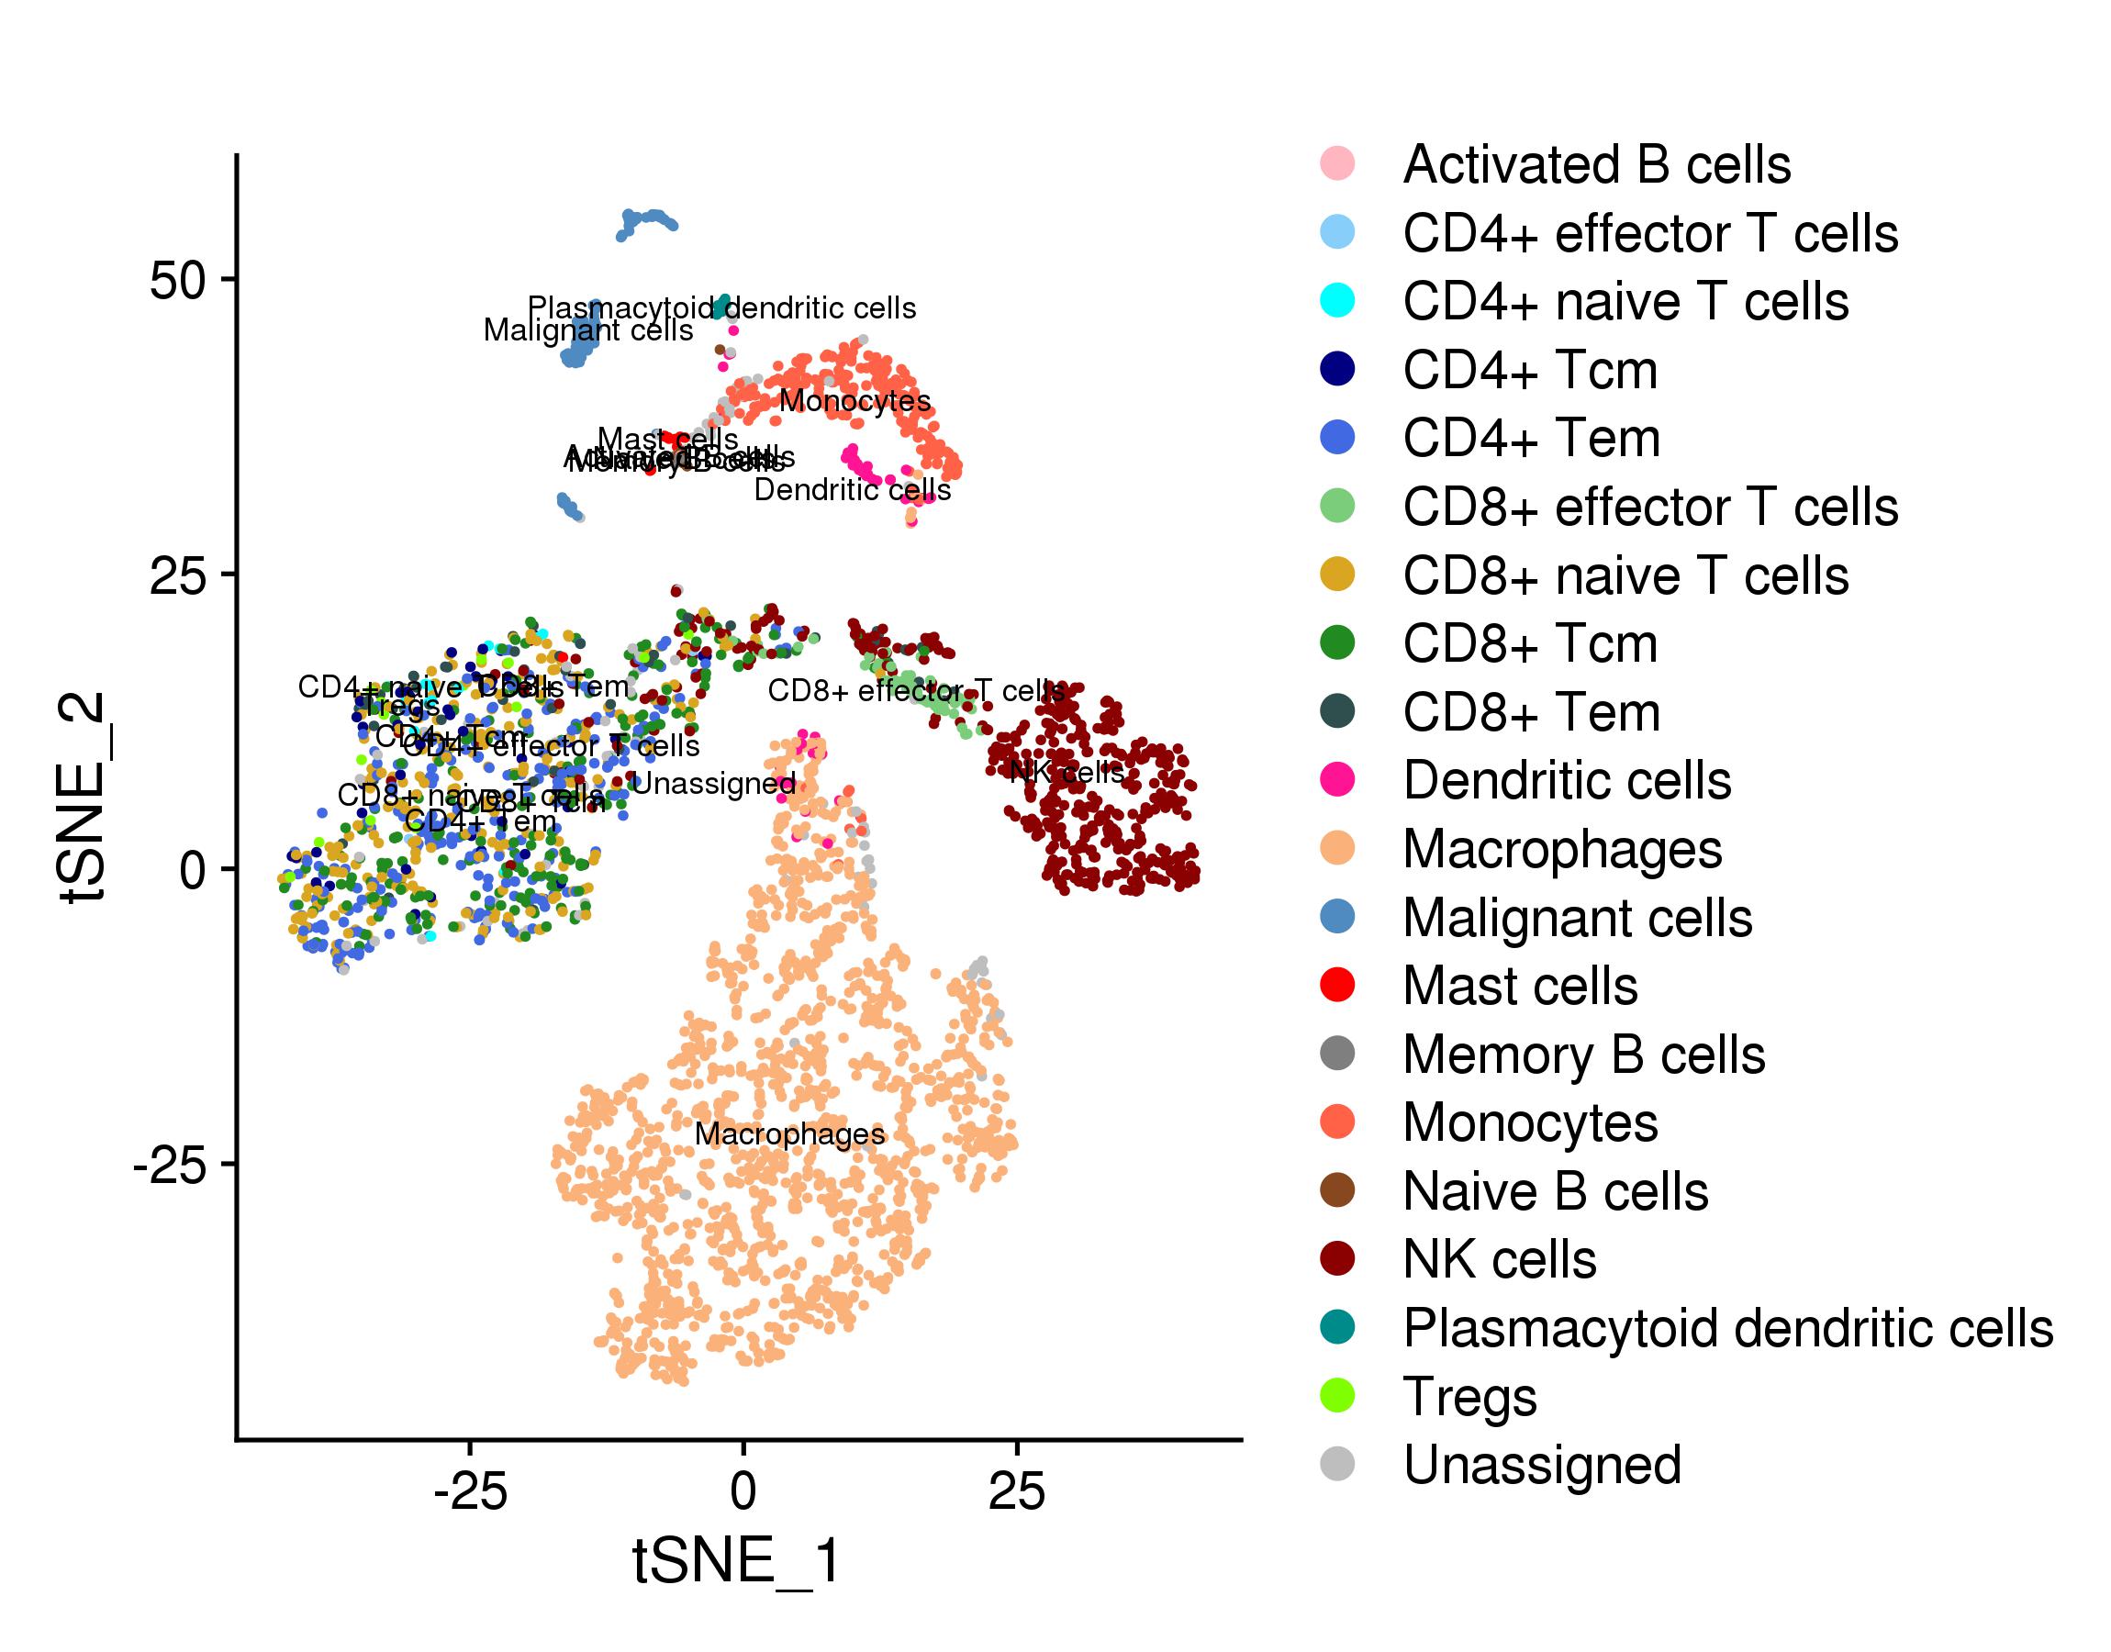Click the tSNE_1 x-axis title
(x=736, y=1560)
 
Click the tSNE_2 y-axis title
(x=84, y=797)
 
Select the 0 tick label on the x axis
(x=743, y=1490)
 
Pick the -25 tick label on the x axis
(x=470, y=1490)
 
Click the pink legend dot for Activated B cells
(x=1337, y=163)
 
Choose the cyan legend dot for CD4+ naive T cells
(x=1337, y=301)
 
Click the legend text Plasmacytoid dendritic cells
(x=1728, y=1328)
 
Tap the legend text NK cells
(x=1499, y=1259)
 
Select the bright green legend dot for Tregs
(x=1337, y=1396)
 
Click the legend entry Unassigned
(x=1541, y=1465)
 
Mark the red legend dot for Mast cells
(x=1337, y=985)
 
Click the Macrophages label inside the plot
(x=789, y=1134)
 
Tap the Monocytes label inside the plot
(x=854, y=400)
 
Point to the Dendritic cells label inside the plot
(x=852, y=490)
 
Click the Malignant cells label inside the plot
(x=588, y=330)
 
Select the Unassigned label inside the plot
(x=714, y=784)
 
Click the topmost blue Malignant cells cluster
(x=646, y=222)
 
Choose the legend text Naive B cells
(x=1555, y=1190)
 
